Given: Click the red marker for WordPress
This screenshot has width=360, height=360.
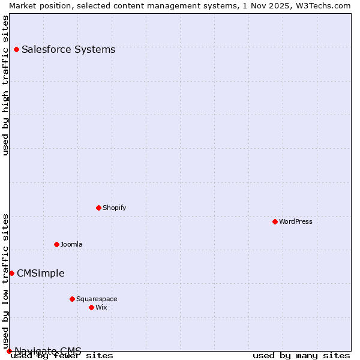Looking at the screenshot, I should click(275, 221).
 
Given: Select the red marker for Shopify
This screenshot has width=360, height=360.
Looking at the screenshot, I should click(98, 208).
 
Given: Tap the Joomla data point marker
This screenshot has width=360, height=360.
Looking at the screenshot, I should click(56, 244).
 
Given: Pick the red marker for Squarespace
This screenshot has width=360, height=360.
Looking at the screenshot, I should click(72, 299).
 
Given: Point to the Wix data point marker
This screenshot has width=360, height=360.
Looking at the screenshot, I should click(91, 307).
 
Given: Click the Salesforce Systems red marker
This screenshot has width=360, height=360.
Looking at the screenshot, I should click(16, 49).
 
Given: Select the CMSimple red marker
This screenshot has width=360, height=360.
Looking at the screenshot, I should click(11, 273).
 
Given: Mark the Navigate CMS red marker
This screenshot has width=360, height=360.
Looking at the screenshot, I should click(9, 351).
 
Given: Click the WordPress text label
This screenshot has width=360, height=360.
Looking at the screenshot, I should click(295, 221).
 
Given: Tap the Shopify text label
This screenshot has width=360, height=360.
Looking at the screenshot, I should click(114, 208).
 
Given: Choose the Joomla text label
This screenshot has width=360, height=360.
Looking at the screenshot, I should click(71, 244).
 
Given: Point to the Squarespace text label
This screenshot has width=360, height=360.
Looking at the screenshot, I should click(97, 299).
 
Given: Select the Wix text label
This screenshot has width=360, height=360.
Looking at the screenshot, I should click(101, 307).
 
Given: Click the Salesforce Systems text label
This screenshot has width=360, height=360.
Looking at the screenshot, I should click(68, 49).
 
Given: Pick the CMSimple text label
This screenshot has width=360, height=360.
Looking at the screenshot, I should click(40, 273).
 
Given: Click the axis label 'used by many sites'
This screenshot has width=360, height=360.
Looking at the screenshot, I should click(301, 356).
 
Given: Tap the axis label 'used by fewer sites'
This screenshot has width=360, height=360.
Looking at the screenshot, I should click(62, 356).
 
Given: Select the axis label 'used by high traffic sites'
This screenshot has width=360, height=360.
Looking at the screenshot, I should click(5, 85).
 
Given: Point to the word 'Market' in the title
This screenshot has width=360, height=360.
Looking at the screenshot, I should click(23, 5).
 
